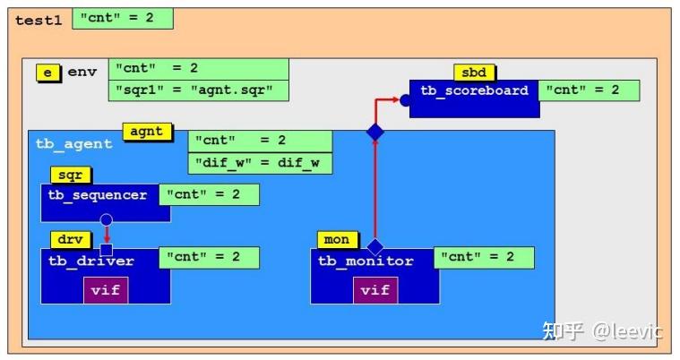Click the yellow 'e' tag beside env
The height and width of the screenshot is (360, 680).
[47, 73]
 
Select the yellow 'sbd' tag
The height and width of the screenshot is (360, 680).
[474, 73]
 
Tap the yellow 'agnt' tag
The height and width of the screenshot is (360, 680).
[147, 132]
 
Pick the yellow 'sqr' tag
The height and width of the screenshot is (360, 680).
[70, 176]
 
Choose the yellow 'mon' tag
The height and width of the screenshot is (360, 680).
[337, 240]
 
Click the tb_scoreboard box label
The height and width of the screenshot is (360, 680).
[475, 91]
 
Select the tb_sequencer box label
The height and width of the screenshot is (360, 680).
[98, 195]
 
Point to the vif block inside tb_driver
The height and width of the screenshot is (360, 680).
[106, 290]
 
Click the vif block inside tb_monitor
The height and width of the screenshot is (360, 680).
[374, 290]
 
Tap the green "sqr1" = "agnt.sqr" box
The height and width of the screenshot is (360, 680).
[198, 90]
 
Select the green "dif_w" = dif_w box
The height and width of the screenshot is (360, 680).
[260, 164]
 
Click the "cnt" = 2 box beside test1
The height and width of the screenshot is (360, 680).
[122, 18]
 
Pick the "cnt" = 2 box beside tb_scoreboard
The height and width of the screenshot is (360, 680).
[589, 90]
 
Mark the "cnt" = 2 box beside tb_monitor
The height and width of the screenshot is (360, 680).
[484, 258]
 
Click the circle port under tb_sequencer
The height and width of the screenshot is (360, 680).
[106, 219]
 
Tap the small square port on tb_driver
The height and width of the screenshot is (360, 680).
[106, 250]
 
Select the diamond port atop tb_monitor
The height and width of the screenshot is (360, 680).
[375, 247]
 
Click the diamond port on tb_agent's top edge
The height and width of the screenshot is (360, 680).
[375, 133]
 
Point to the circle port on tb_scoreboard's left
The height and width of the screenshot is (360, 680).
[406, 100]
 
